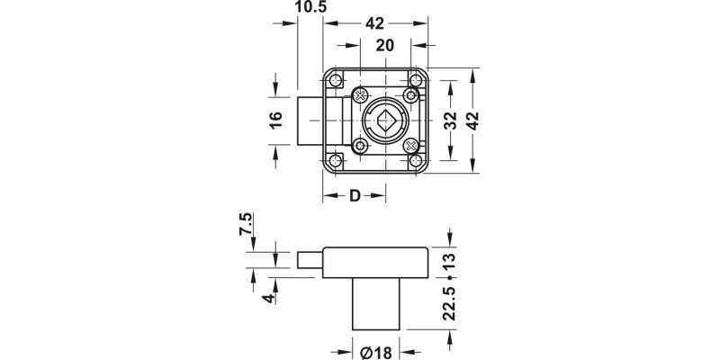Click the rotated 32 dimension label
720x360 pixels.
pyautogui.click(x=451, y=121)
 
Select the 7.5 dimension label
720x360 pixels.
pyautogui.click(x=246, y=223)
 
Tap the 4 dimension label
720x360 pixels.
pyautogui.click(x=266, y=298)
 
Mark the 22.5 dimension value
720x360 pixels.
pyautogui.click(x=450, y=305)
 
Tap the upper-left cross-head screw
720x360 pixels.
pyautogui.click(x=361, y=95)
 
